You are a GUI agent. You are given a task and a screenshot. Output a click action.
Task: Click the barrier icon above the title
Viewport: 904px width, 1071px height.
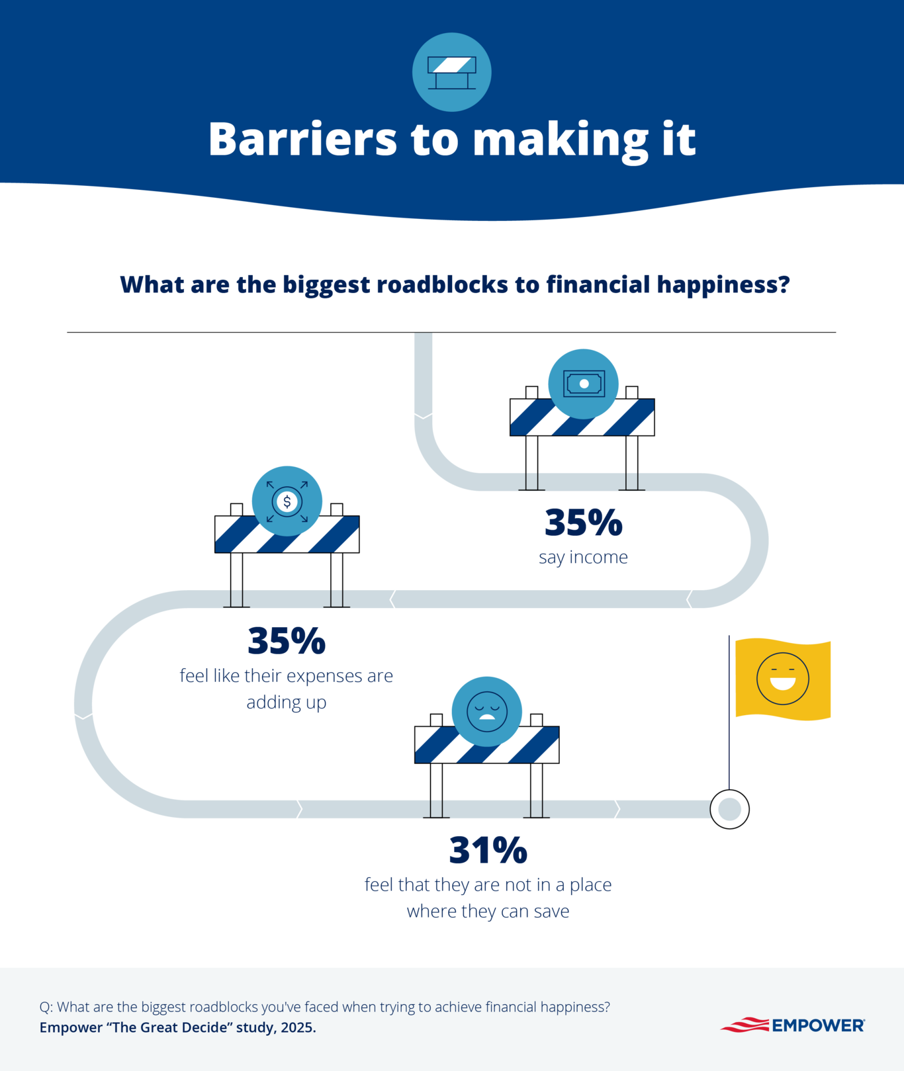(451, 71)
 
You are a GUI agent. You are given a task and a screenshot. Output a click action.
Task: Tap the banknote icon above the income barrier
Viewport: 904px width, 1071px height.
(583, 383)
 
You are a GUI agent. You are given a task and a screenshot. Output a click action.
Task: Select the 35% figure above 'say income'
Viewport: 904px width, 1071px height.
(583, 523)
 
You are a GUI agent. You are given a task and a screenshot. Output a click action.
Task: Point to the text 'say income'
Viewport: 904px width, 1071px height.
(583, 557)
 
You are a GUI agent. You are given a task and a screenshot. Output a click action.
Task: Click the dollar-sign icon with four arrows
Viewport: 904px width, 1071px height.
(287, 501)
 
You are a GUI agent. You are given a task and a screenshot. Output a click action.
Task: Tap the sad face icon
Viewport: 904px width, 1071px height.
(486, 711)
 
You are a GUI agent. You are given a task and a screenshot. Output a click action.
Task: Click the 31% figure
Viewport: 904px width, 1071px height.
(488, 850)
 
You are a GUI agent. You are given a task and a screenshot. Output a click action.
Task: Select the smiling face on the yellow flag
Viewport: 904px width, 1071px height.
(782, 679)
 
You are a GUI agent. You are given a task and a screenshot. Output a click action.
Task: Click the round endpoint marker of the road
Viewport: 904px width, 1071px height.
(729, 808)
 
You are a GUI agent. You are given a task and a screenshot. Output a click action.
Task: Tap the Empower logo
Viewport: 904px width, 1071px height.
(793, 1025)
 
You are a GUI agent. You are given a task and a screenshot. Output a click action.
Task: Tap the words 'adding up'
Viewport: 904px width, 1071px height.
(287, 702)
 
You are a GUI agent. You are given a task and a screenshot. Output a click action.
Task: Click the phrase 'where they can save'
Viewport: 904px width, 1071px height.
(488, 911)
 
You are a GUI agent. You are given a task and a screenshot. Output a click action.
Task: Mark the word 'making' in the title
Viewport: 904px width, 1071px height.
(561, 140)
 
